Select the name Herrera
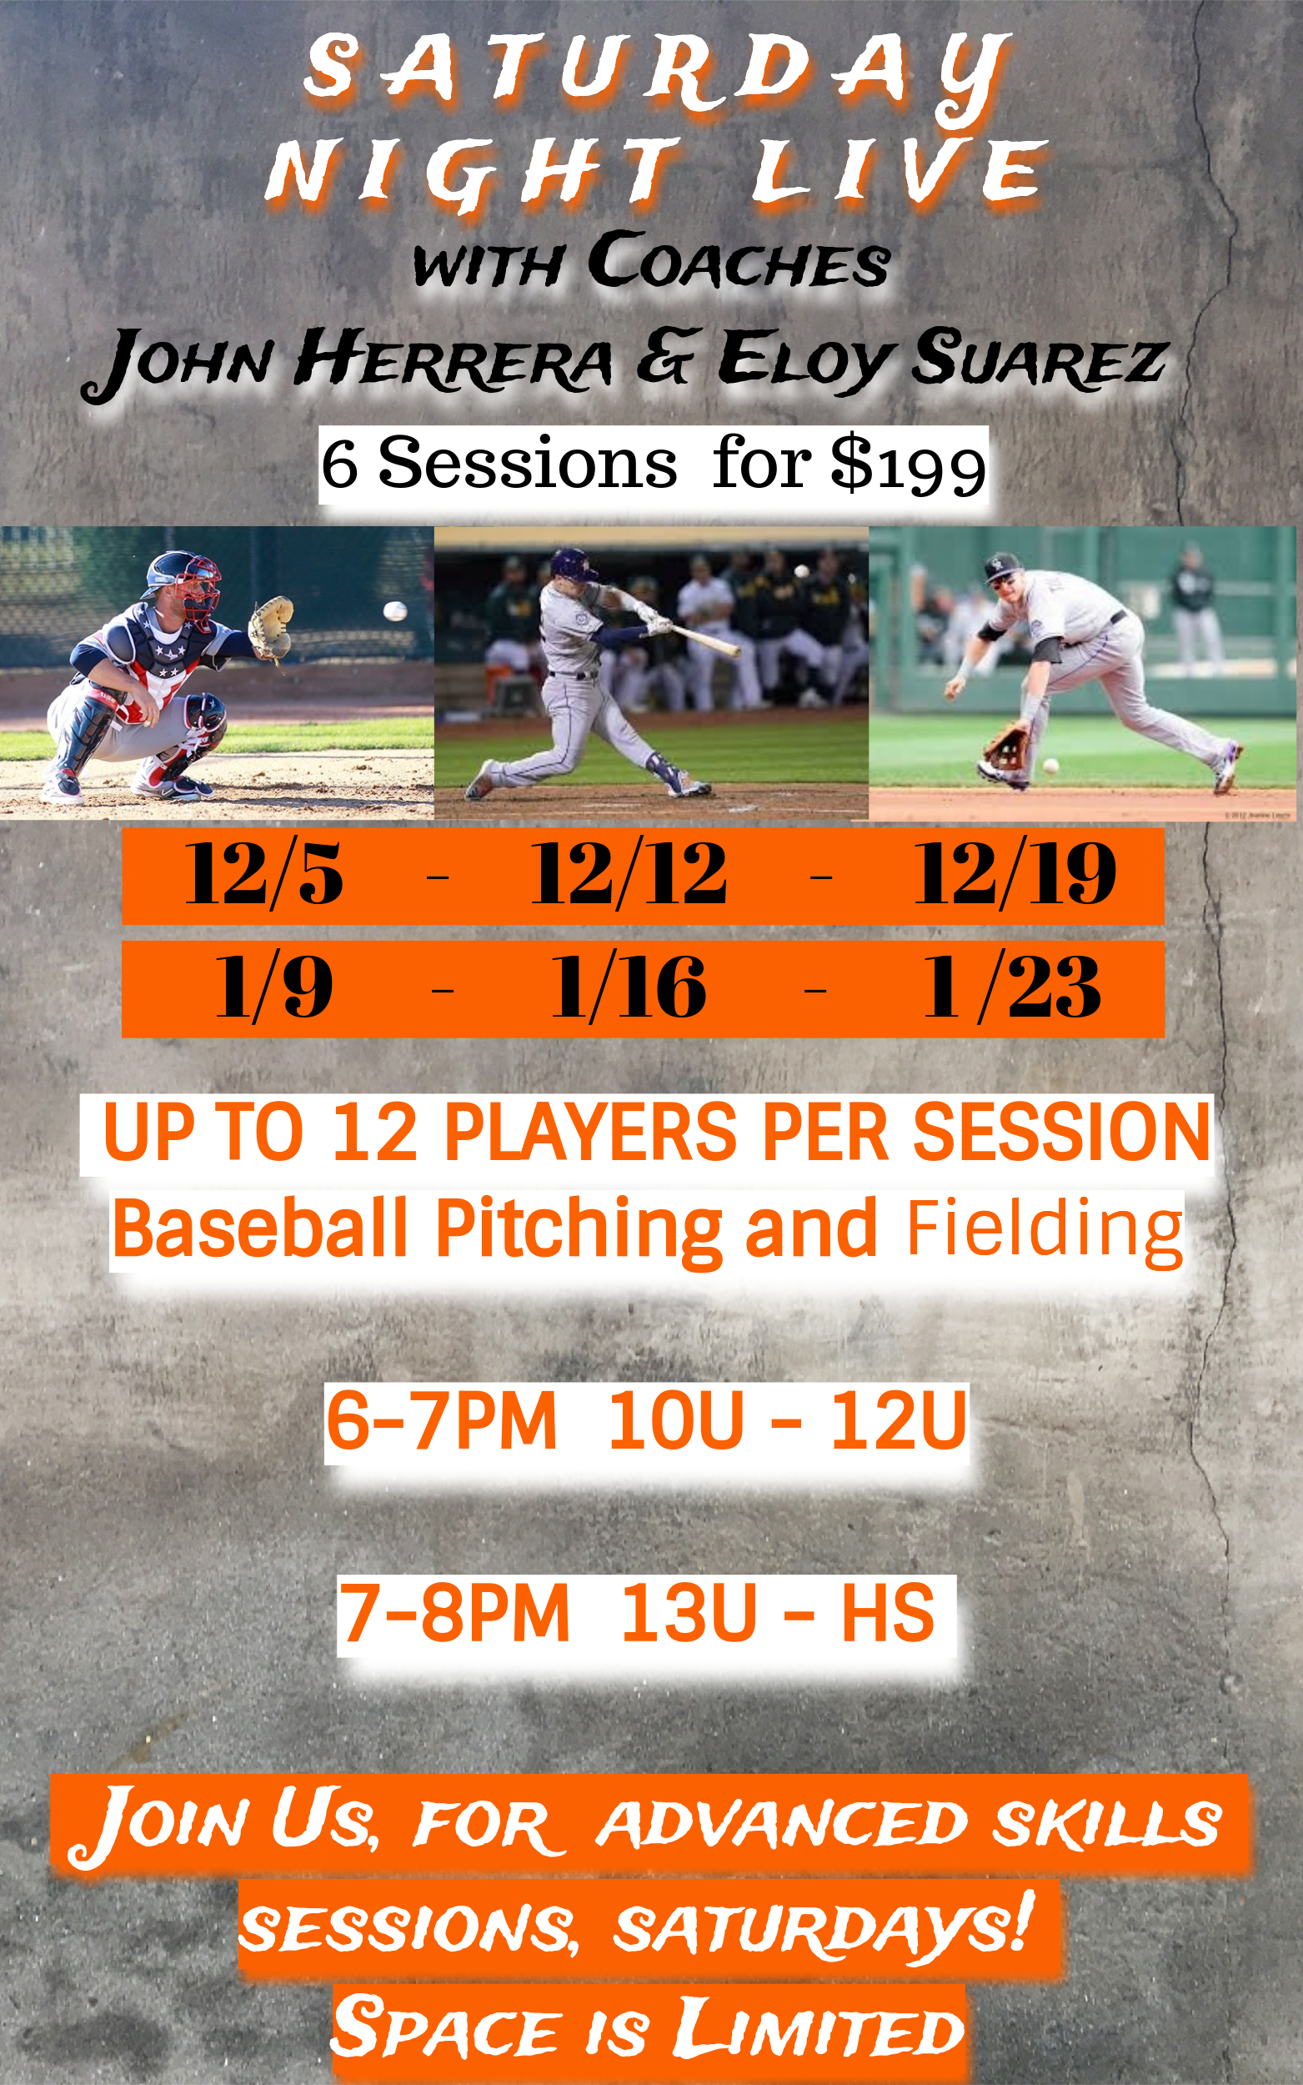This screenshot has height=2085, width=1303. point(453,358)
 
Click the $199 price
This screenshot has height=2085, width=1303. point(909,465)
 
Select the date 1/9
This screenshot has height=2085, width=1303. point(274,986)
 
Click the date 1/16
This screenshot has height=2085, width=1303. point(629,986)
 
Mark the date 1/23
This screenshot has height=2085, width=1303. point(1012,986)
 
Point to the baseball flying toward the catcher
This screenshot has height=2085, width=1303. point(394,611)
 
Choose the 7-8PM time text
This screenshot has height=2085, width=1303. point(454,1612)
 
